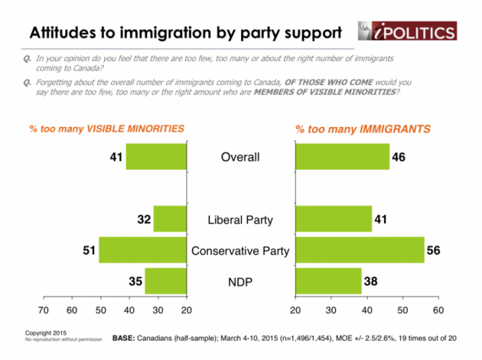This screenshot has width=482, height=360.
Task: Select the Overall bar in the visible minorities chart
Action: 156,157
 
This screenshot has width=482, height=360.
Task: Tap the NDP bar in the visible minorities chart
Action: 165,281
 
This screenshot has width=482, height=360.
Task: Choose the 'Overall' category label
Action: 241,158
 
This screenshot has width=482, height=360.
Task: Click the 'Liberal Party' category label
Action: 241,220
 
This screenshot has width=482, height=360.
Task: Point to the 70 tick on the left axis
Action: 43,311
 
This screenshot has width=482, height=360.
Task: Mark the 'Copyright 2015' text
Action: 47,334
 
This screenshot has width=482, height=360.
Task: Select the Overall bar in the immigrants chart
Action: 342,157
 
